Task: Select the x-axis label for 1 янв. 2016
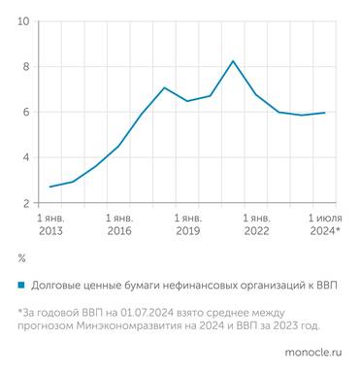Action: [x=118, y=224]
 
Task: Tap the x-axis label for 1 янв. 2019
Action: [x=187, y=224]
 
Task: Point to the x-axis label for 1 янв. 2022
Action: [x=256, y=224]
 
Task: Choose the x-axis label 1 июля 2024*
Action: [x=324, y=224]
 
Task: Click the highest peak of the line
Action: [x=233, y=61]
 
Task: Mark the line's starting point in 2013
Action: [x=49, y=187]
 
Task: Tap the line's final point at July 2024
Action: [x=324, y=113]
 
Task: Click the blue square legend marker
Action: [x=21, y=287]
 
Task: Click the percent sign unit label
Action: [x=21, y=259]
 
